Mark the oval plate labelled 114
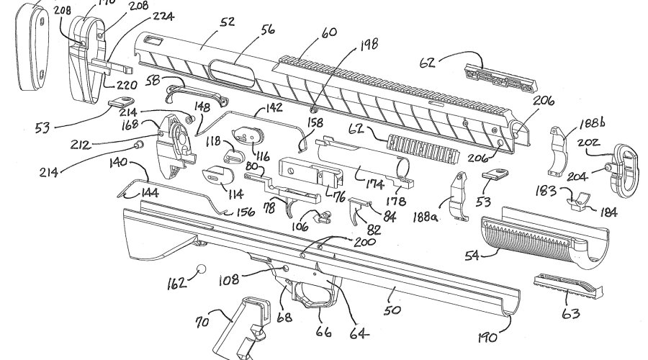click(216, 175)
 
